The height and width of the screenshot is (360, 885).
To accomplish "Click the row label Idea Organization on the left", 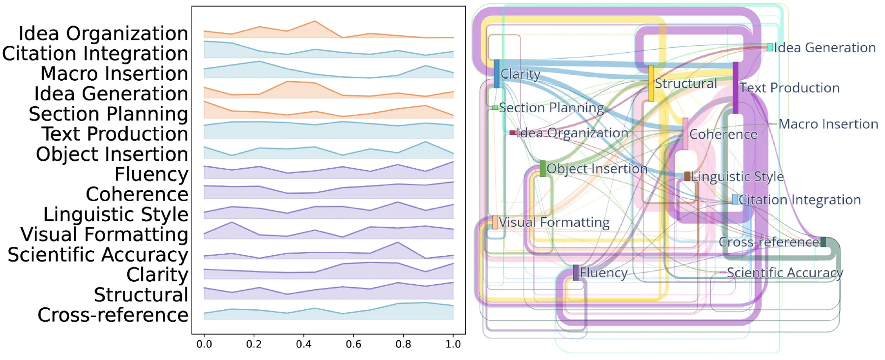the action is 103,33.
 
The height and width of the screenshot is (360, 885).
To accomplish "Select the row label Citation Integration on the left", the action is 95,54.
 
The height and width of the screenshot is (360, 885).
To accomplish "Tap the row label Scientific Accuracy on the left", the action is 98,255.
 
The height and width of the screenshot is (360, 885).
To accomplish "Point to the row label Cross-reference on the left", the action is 113,315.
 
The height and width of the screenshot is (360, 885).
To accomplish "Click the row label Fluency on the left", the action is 151,174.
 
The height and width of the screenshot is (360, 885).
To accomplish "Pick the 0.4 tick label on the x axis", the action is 304,344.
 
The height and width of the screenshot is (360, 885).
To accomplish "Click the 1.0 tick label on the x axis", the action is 453,344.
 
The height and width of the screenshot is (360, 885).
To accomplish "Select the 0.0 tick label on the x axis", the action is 204,344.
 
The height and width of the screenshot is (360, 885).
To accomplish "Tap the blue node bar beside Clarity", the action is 497,74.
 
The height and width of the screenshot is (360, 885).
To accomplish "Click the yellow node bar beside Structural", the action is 651,84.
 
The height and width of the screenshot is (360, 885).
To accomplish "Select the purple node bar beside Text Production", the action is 736,88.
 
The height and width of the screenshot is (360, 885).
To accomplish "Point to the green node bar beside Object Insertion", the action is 542,169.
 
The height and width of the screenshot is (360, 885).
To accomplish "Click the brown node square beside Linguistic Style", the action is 687,176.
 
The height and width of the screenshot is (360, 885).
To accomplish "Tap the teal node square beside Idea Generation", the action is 770,47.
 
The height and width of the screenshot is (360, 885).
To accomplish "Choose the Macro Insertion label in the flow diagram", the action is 828,124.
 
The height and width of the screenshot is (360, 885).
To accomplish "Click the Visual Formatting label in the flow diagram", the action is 554,222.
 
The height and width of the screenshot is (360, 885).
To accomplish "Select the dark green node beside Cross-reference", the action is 823,242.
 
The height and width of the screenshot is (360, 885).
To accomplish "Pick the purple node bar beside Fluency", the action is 576,272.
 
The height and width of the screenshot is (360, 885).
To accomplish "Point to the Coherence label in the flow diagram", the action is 723,134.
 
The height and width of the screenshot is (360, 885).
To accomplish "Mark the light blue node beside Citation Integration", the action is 735,199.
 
